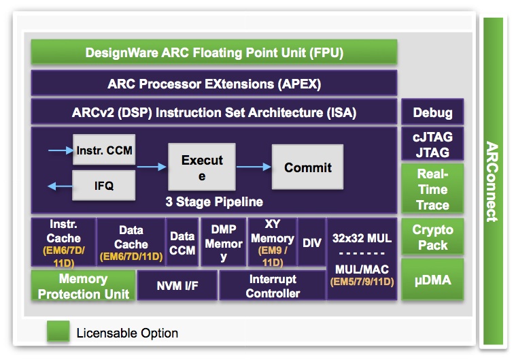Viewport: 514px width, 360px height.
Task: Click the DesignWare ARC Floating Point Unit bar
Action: pos(214,52)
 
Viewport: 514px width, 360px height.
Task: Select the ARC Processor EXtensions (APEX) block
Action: pos(214,83)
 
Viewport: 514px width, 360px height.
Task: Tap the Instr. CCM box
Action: pos(104,150)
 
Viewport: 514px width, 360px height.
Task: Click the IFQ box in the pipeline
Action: pos(103,185)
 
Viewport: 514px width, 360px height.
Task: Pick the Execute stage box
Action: pos(202,167)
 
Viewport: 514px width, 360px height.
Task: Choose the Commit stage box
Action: pos(307,167)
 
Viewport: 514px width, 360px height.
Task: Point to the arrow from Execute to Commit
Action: pos(254,167)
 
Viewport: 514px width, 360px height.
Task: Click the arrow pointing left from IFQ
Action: pos(60,186)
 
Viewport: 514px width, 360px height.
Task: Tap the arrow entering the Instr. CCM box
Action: pos(61,150)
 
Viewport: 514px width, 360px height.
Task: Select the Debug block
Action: pos(432,112)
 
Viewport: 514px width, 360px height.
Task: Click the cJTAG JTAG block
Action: pos(432,144)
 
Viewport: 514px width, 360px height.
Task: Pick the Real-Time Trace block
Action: pos(432,189)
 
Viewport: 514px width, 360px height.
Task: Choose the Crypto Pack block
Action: pos(432,237)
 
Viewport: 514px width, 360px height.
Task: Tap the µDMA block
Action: pos(432,279)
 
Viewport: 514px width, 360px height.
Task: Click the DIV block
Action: pos(312,242)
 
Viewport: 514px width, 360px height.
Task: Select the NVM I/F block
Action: pos(177,285)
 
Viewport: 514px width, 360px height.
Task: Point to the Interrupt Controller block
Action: pos(273,285)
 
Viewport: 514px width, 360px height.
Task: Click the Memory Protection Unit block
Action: pos(83,285)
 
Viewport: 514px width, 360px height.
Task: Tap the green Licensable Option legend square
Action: pos(58,331)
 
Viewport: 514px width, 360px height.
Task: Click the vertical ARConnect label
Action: pos(492,182)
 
